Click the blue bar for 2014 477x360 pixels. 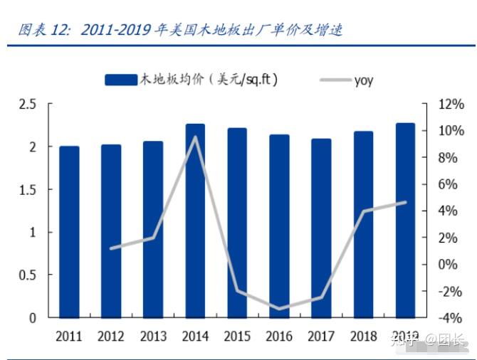pyautogui.click(x=195, y=221)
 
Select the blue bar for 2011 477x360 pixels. pyautogui.click(x=69, y=231)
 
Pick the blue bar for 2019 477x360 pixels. pyautogui.click(x=405, y=221)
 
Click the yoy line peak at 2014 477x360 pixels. pyautogui.click(x=195, y=137)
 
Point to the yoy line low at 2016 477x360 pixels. pyautogui.click(x=279, y=309)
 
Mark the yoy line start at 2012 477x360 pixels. pyautogui.click(x=111, y=248)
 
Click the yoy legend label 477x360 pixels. pyautogui.click(x=364, y=80)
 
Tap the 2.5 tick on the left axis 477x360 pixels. pyautogui.click(x=27, y=105)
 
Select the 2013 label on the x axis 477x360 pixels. pyautogui.click(x=153, y=337)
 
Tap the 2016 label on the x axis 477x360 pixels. pyautogui.click(x=279, y=337)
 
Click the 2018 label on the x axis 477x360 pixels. pyautogui.click(x=363, y=337)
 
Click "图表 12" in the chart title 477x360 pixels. pyautogui.click(x=44, y=30)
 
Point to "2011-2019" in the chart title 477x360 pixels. pyautogui.click(x=115, y=30)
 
